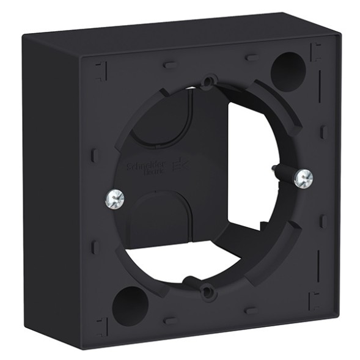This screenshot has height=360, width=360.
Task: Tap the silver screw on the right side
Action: click(x=303, y=178)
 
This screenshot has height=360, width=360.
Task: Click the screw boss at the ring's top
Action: click(x=210, y=81)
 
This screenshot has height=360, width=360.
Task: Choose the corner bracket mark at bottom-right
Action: click(x=314, y=299)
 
